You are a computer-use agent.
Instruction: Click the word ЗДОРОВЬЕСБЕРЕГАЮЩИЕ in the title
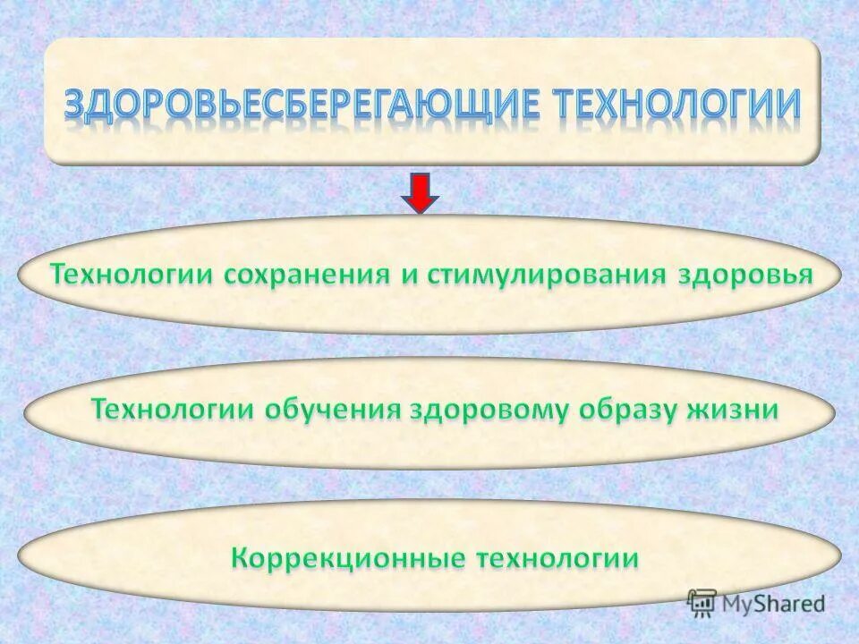[301, 104]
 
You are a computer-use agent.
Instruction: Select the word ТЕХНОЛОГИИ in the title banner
[676, 104]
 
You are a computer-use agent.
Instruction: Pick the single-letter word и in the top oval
[410, 275]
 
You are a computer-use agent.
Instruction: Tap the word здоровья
[746, 274]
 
